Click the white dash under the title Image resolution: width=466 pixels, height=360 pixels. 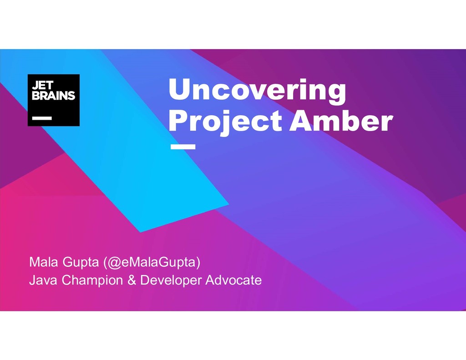coord(182,147)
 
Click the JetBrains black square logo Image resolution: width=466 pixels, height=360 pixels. coord(54,100)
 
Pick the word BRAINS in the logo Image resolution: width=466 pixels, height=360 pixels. coord(53,96)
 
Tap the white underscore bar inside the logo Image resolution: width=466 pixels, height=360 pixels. coord(41,117)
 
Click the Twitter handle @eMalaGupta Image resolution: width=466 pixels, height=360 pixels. coord(152,263)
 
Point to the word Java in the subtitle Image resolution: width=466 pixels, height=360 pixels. coord(44,280)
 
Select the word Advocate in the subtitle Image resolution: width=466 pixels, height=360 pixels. coord(233,280)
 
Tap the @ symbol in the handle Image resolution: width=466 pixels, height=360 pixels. coord(114,263)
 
